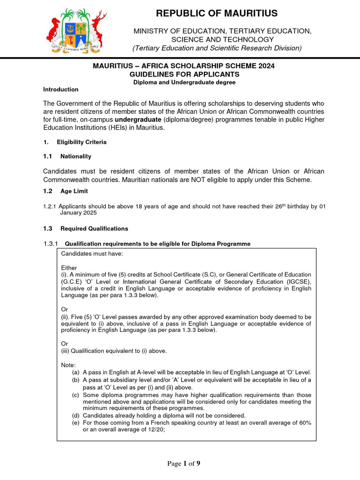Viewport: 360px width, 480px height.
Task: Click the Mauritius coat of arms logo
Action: click(x=76, y=30)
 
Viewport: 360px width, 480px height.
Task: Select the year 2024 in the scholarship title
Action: click(x=266, y=66)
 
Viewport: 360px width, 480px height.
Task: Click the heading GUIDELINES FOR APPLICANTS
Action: click(x=184, y=75)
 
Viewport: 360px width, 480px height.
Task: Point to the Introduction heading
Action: click(x=61, y=90)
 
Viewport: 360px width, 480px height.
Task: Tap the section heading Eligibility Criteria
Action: click(x=82, y=142)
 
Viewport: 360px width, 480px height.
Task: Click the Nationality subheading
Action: click(x=76, y=157)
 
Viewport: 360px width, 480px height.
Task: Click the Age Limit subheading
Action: click(x=74, y=191)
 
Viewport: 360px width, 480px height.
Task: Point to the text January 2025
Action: click(x=78, y=213)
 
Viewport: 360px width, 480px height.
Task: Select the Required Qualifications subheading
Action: click(x=94, y=229)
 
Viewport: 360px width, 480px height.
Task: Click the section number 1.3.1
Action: click(x=50, y=244)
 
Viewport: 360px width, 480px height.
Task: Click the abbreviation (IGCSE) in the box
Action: click(x=297, y=282)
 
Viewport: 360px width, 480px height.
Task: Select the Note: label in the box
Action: click(x=68, y=365)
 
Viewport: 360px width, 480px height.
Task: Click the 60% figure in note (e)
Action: click(x=304, y=423)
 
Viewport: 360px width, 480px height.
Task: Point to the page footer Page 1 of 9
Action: click(x=184, y=464)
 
